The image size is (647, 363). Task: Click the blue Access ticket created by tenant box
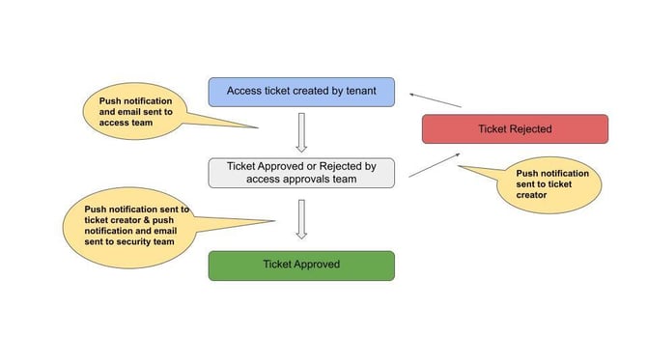(x=301, y=92)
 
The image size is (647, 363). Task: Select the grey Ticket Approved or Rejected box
(x=301, y=172)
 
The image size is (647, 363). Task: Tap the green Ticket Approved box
(x=301, y=265)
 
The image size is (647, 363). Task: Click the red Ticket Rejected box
(x=515, y=128)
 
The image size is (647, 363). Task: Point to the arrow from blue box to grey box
(x=301, y=132)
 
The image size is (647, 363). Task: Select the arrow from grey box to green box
(x=301, y=218)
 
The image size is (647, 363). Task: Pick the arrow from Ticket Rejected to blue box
(x=436, y=99)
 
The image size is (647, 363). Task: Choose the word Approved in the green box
(x=316, y=265)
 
